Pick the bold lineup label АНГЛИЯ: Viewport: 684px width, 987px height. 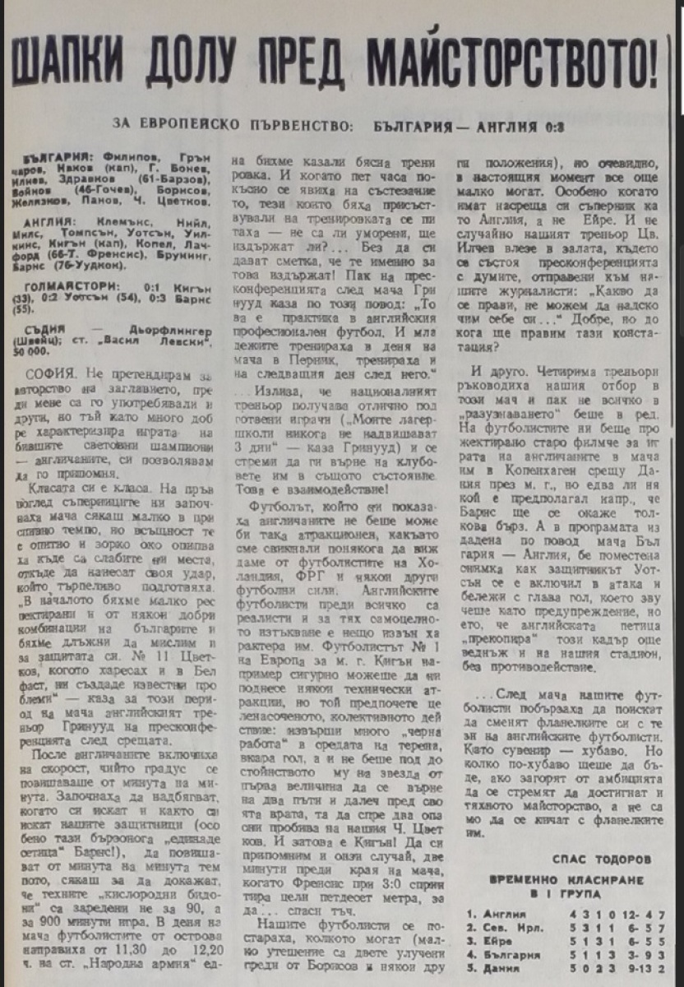[49, 222]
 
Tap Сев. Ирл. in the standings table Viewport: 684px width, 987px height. [512, 928]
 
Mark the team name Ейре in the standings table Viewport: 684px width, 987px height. [497, 941]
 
